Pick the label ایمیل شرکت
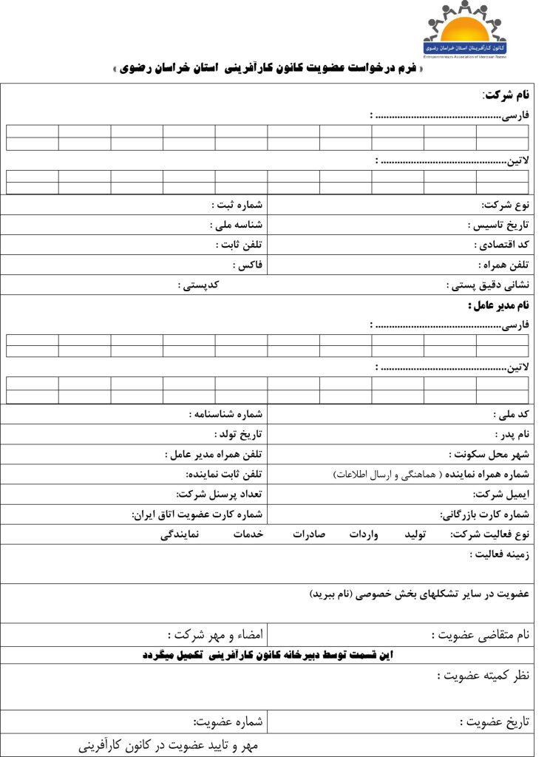(x=500, y=494)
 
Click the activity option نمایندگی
(x=179, y=534)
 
